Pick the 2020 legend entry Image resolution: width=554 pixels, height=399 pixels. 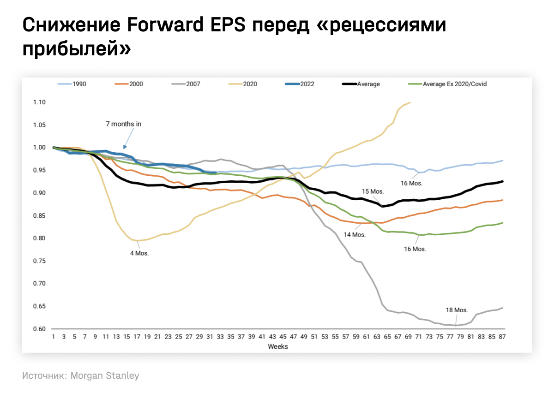tap(250, 84)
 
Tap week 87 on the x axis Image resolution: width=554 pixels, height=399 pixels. tap(502, 337)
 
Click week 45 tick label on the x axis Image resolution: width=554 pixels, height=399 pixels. tap(283, 337)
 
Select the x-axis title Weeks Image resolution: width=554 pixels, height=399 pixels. tap(278, 346)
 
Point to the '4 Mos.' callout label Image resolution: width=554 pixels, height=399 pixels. tap(139, 253)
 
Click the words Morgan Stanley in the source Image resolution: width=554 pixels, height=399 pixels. tap(105, 376)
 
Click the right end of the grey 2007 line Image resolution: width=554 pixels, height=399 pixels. tap(502, 308)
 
